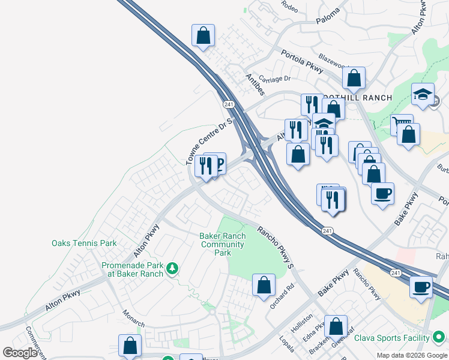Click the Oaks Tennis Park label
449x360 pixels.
84,243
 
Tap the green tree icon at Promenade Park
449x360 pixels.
172,268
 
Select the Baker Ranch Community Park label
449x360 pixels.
223,244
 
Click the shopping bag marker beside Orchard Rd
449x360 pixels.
264,285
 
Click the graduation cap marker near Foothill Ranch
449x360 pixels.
423,94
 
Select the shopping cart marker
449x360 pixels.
400,125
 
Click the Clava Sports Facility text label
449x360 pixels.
393,338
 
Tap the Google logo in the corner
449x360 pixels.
20,353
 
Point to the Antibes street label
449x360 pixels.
255,84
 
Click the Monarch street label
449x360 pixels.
133,319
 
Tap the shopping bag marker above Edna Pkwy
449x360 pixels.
336,327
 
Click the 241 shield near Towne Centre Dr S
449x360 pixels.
228,104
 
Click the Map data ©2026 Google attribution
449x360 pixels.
411,355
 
